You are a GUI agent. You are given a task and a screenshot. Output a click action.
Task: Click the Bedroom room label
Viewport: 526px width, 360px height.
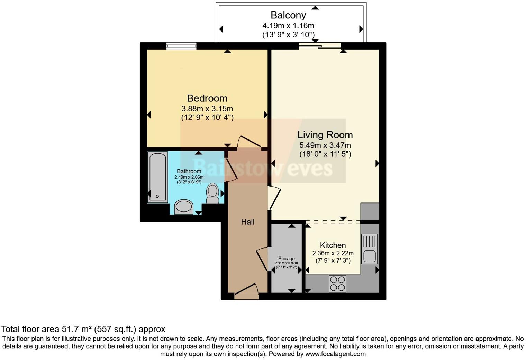[x=207, y=98]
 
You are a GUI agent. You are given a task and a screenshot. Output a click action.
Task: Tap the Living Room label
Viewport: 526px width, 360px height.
[x=325, y=135]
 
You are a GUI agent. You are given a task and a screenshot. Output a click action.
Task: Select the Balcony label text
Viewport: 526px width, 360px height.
[x=288, y=15]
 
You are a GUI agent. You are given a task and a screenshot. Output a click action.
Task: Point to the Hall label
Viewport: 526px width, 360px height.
[x=248, y=222]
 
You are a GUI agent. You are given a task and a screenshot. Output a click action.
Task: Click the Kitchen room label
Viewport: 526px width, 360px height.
[x=333, y=245]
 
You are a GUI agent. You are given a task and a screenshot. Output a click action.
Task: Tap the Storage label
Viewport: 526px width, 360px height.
[x=287, y=259]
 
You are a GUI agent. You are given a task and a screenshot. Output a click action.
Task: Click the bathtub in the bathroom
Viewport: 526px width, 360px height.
[x=157, y=177]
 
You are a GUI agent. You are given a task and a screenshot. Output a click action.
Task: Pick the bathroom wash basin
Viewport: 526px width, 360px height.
[x=183, y=207]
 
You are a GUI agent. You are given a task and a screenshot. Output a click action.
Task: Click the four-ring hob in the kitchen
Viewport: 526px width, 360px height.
[x=337, y=283]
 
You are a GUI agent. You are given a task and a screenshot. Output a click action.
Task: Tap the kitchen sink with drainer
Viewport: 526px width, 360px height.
[x=369, y=249]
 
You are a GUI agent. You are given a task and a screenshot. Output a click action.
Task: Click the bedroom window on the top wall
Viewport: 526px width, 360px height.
[x=181, y=46]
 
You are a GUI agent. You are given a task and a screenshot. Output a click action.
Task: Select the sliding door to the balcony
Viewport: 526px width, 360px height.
[x=320, y=45]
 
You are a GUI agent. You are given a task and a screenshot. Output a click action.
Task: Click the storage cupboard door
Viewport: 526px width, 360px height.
[x=262, y=260]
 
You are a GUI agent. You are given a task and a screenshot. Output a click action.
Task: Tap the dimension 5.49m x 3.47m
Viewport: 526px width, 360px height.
[x=325, y=145]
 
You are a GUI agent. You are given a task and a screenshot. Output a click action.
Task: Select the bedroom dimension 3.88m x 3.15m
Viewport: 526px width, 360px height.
[x=207, y=109]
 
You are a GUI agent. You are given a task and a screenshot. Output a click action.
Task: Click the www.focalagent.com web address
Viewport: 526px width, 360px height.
[x=336, y=354]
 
